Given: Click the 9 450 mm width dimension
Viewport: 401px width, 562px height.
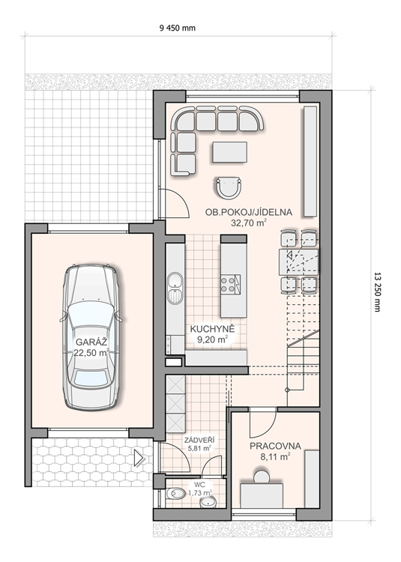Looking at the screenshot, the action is tap(178, 28).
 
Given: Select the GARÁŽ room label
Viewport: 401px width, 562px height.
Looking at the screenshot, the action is tap(91, 341).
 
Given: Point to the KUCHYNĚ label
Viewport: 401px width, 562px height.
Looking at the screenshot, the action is tap(213, 329).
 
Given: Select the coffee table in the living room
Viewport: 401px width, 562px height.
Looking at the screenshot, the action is tap(229, 152).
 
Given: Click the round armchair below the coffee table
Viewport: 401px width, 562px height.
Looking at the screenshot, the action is tap(229, 188).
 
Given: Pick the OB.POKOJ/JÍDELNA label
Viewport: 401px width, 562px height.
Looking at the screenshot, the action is tap(249, 212).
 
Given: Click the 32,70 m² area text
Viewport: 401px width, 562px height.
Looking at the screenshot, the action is tap(249, 223).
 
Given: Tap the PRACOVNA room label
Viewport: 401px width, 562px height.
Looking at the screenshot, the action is tap(275, 447).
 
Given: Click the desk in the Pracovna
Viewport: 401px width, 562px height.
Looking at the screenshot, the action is tap(262, 495).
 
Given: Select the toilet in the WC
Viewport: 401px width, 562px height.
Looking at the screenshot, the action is tap(174, 494).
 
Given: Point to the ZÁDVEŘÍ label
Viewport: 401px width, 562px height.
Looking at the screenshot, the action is tap(196, 440).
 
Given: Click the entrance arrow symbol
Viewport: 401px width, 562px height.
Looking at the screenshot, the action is tap(139, 458).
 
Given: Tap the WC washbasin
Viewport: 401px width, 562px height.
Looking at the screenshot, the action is tap(208, 503).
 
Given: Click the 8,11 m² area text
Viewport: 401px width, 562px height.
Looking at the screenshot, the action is tap(275, 457).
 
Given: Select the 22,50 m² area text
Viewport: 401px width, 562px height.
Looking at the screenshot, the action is tap(91, 353).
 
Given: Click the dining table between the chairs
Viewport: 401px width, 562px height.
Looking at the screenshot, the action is tap(298, 262).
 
